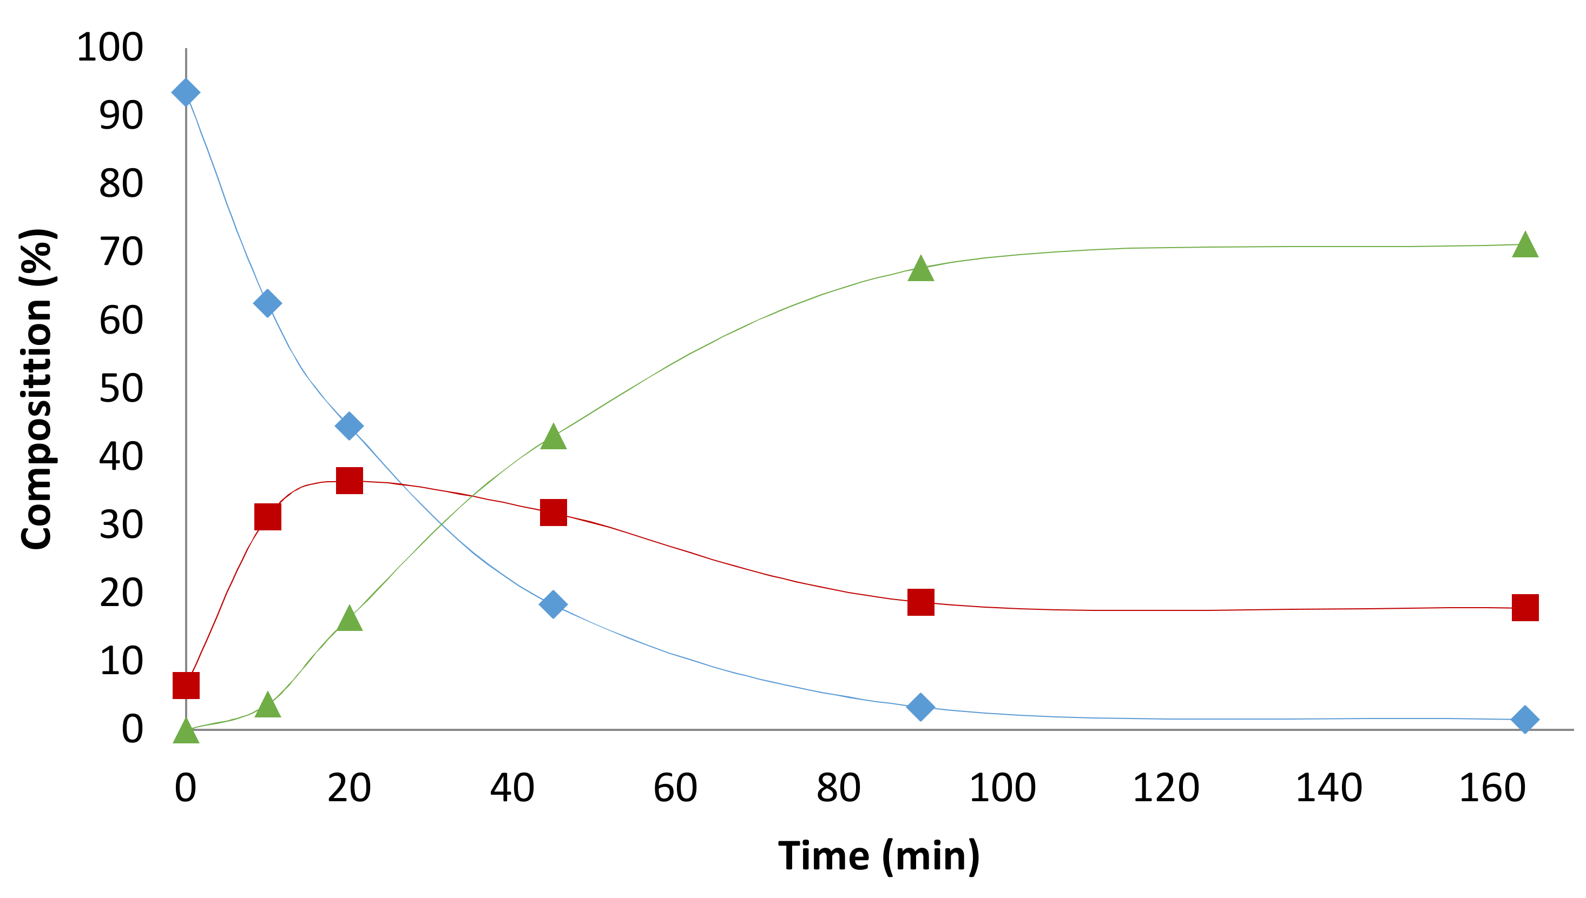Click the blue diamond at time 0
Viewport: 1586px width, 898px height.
point(186,92)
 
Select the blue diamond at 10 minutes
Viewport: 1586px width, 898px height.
point(267,303)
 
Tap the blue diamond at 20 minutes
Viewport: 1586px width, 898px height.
point(348,425)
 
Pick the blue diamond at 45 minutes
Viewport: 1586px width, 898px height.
point(553,603)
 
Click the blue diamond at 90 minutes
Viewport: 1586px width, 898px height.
point(920,706)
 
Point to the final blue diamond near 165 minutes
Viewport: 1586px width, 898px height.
point(1525,719)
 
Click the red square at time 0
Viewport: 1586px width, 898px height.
point(186,685)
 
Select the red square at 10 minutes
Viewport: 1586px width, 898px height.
point(267,517)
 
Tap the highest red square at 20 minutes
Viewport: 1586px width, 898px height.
point(348,481)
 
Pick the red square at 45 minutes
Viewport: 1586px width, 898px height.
point(553,513)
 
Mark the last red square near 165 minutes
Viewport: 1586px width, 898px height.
point(1525,608)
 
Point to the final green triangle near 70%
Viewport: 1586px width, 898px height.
point(1525,245)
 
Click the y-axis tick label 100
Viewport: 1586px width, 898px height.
point(110,47)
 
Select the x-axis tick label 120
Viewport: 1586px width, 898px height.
point(1166,788)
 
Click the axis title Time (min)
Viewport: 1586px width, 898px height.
point(878,856)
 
